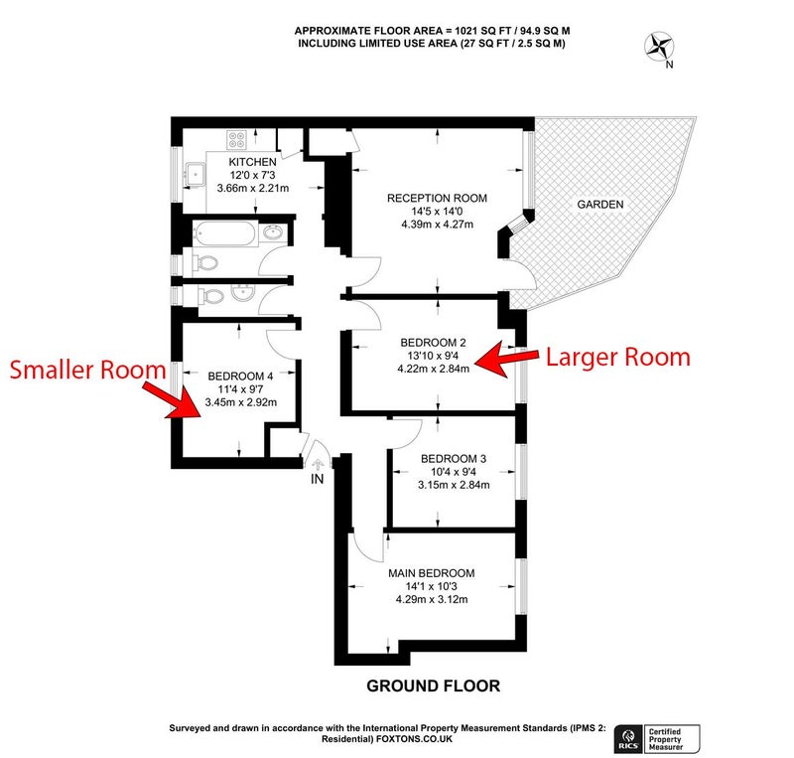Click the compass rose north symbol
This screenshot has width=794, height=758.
[x=659, y=47]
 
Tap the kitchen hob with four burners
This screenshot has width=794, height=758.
[x=236, y=140]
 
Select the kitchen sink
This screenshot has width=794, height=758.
[x=195, y=174]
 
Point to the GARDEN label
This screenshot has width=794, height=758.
[x=600, y=205]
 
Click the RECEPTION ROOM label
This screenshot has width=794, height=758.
[x=437, y=199]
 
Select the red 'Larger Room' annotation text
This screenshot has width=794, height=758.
[x=617, y=357]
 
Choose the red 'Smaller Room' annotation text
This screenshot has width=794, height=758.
[x=88, y=370]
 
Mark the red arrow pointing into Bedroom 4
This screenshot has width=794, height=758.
[x=171, y=400]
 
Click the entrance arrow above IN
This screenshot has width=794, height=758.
[x=318, y=463]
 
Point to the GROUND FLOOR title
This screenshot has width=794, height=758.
[x=433, y=686]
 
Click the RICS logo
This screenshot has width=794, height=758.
[x=628, y=739]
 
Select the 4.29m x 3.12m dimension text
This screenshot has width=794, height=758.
[x=432, y=599]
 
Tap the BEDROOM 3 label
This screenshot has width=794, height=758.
[x=454, y=459]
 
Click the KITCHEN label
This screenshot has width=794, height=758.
[x=252, y=162]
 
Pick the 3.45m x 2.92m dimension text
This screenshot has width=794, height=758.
[x=241, y=402]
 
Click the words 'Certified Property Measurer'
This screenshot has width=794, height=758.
[x=666, y=739]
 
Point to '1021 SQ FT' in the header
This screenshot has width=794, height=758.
[x=477, y=31]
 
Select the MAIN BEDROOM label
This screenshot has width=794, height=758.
[x=432, y=573]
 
